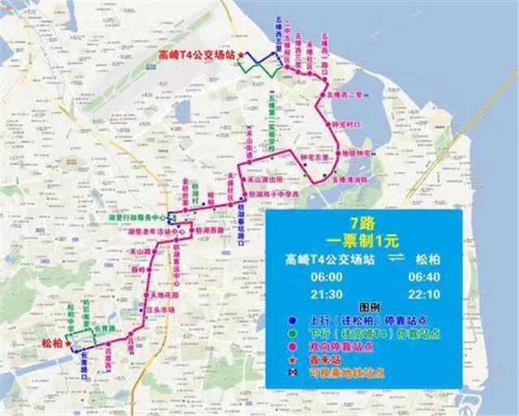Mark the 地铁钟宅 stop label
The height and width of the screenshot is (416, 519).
pyautogui.click(x=354, y=152)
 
